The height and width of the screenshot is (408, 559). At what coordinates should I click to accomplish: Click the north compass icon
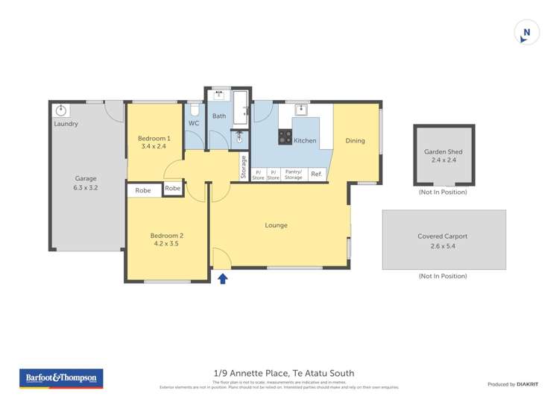tap(527, 33)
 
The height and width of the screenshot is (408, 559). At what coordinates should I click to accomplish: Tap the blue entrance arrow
tap(222, 278)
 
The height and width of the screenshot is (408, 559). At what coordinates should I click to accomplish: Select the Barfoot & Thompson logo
tap(61, 378)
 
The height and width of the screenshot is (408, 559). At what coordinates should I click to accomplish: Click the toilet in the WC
tap(195, 110)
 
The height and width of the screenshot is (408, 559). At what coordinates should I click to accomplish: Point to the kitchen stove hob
tap(285, 136)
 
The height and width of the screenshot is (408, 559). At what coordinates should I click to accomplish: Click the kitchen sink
tap(302, 110)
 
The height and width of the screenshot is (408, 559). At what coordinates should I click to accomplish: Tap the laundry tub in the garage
tap(61, 110)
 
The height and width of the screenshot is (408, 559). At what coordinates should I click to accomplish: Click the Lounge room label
tap(276, 225)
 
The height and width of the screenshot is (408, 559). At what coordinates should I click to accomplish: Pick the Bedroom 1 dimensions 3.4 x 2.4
tap(154, 147)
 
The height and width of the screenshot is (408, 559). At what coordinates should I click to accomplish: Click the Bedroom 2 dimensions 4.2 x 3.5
tap(168, 244)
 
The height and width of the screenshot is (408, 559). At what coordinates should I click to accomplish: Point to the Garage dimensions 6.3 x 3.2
tap(86, 188)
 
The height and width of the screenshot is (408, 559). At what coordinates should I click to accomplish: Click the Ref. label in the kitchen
tap(316, 175)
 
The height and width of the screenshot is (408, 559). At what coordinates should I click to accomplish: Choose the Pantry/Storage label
tap(294, 175)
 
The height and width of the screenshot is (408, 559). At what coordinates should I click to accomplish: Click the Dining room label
tap(355, 140)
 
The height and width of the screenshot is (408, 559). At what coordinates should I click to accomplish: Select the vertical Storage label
tap(243, 167)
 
